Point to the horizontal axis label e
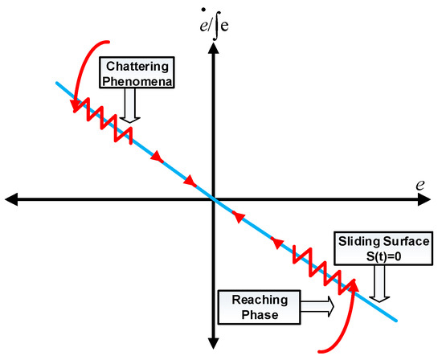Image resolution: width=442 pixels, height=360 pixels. [419, 186]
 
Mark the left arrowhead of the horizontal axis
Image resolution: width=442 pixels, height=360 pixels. [10, 198]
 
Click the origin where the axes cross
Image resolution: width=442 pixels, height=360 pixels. [213, 198]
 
